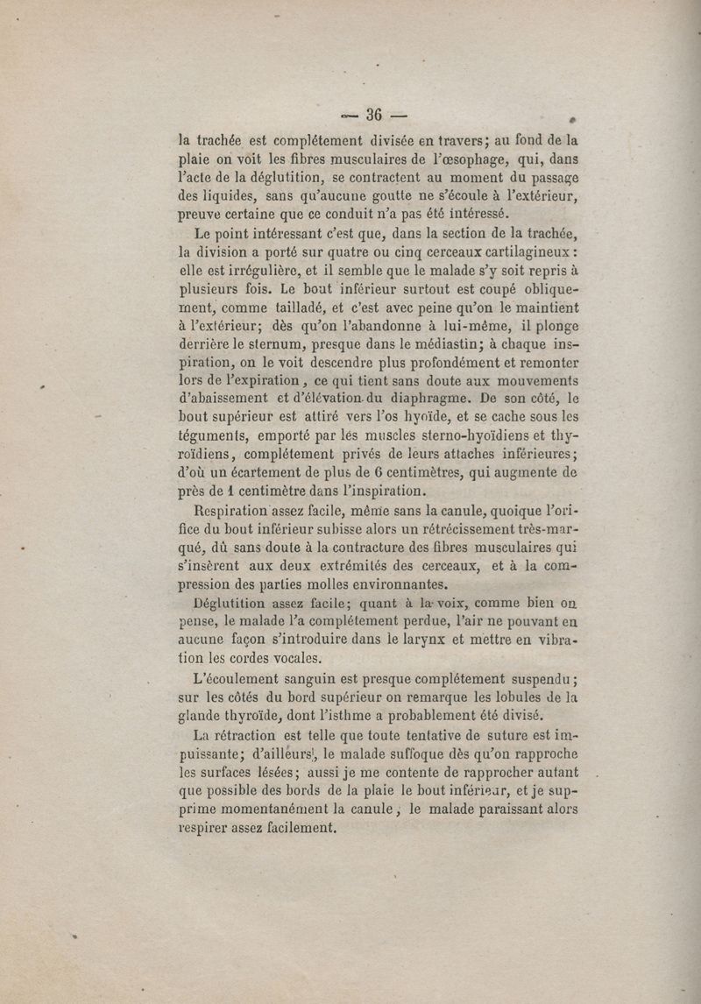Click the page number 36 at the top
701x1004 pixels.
376,115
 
